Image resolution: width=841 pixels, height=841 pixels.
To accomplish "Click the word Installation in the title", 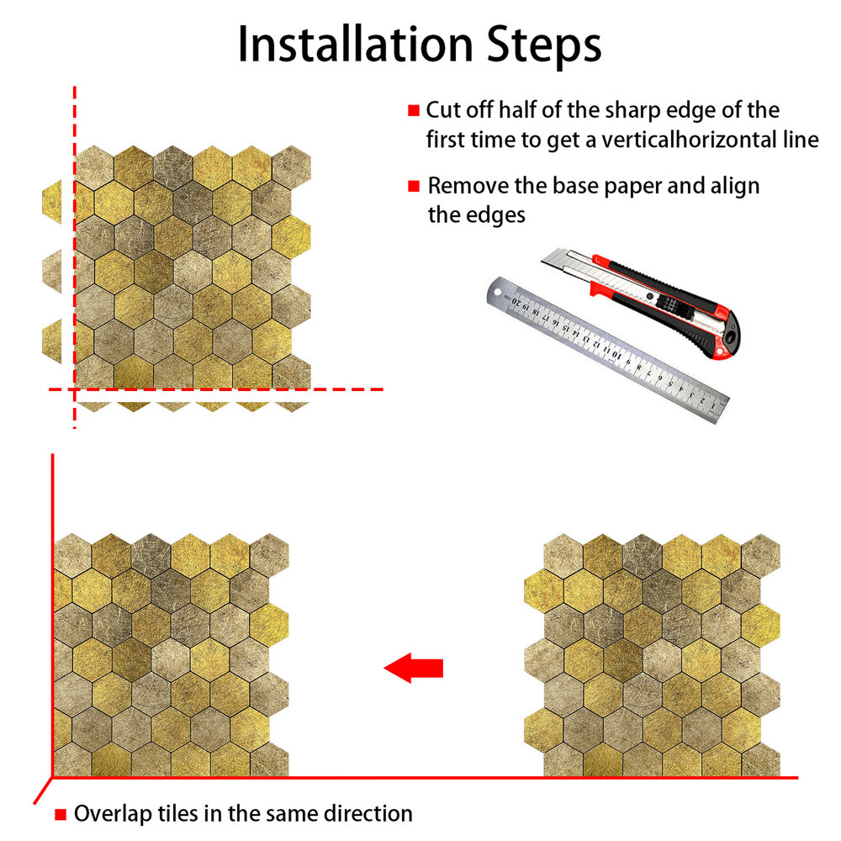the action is (355, 45).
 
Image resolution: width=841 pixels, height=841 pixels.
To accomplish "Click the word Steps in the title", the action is (544, 46).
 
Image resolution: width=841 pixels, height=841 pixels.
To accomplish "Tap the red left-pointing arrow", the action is (414, 668).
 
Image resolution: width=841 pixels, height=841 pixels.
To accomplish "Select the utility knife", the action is (641, 302).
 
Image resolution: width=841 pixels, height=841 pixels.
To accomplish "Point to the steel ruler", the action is (608, 350).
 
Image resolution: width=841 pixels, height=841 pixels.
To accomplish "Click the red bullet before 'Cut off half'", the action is (413, 110).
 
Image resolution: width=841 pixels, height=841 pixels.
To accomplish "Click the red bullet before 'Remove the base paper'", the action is (413, 186).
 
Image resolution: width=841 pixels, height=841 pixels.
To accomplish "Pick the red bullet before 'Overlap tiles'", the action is (61, 815).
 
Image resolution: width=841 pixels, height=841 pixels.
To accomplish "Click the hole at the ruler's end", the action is (497, 293).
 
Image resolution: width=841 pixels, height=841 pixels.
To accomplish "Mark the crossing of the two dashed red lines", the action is (75, 389).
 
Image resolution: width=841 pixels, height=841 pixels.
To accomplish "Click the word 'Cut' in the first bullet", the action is (442, 110).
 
